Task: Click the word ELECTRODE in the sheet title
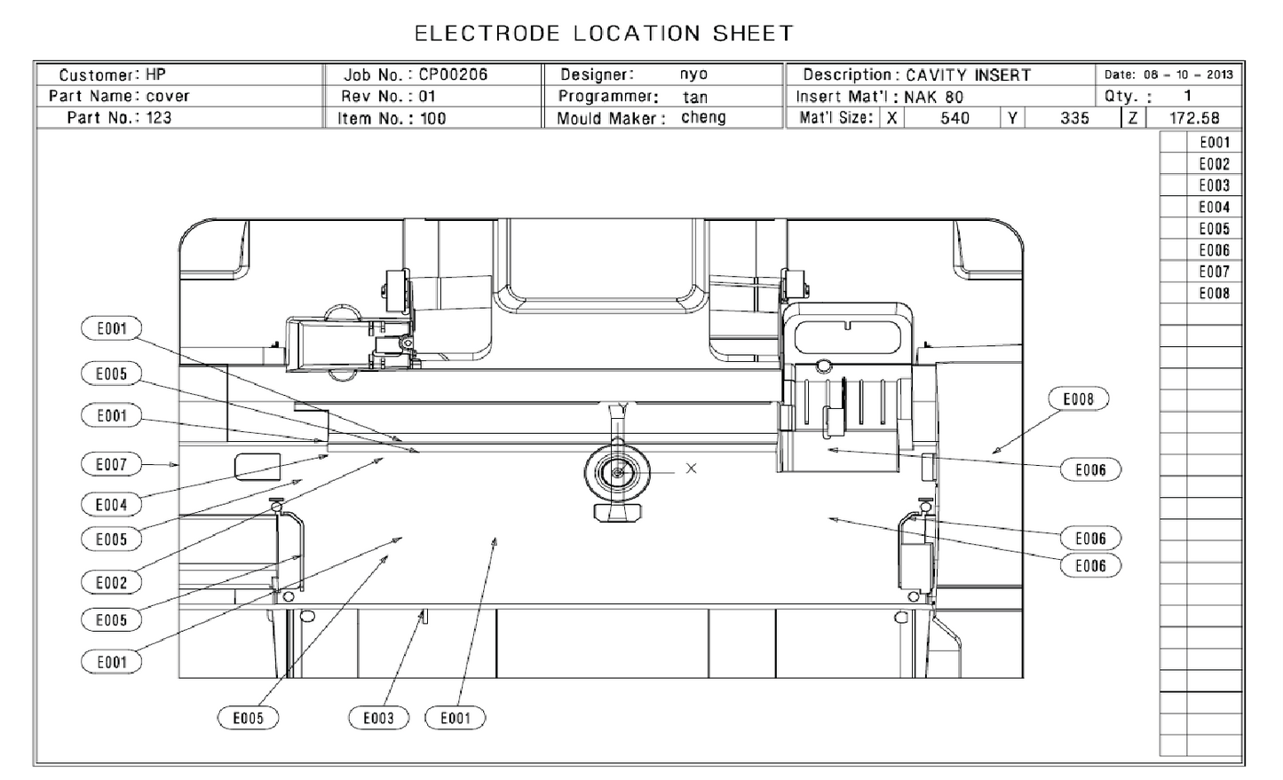click(x=487, y=34)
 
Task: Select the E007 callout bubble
click(x=112, y=464)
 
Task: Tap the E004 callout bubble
click(x=112, y=505)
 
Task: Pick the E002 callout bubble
click(x=112, y=582)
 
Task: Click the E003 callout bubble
click(x=379, y=718)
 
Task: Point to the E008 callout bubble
click(x=1078, y=399)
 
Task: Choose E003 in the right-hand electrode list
click(x=1214, y=185)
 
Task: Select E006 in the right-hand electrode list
click(x=1214, y=250)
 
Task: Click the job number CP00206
click(x=453, y=75)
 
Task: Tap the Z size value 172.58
click(x=1194, y=118)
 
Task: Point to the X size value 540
click(x=954, y=118)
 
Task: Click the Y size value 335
click(x=1074, y=118)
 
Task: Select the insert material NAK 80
click(x=933, y=97)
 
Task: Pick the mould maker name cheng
click(x=703, y=117)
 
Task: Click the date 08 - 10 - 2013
click(x=1168, y=75)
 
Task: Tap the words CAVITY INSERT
click(x=968, y=75)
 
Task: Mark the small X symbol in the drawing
click(x=691, y=468)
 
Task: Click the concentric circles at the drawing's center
click(x=617, y=474)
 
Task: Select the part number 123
click(x=159, y=117)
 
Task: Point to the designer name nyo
click(x=693, y=75)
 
